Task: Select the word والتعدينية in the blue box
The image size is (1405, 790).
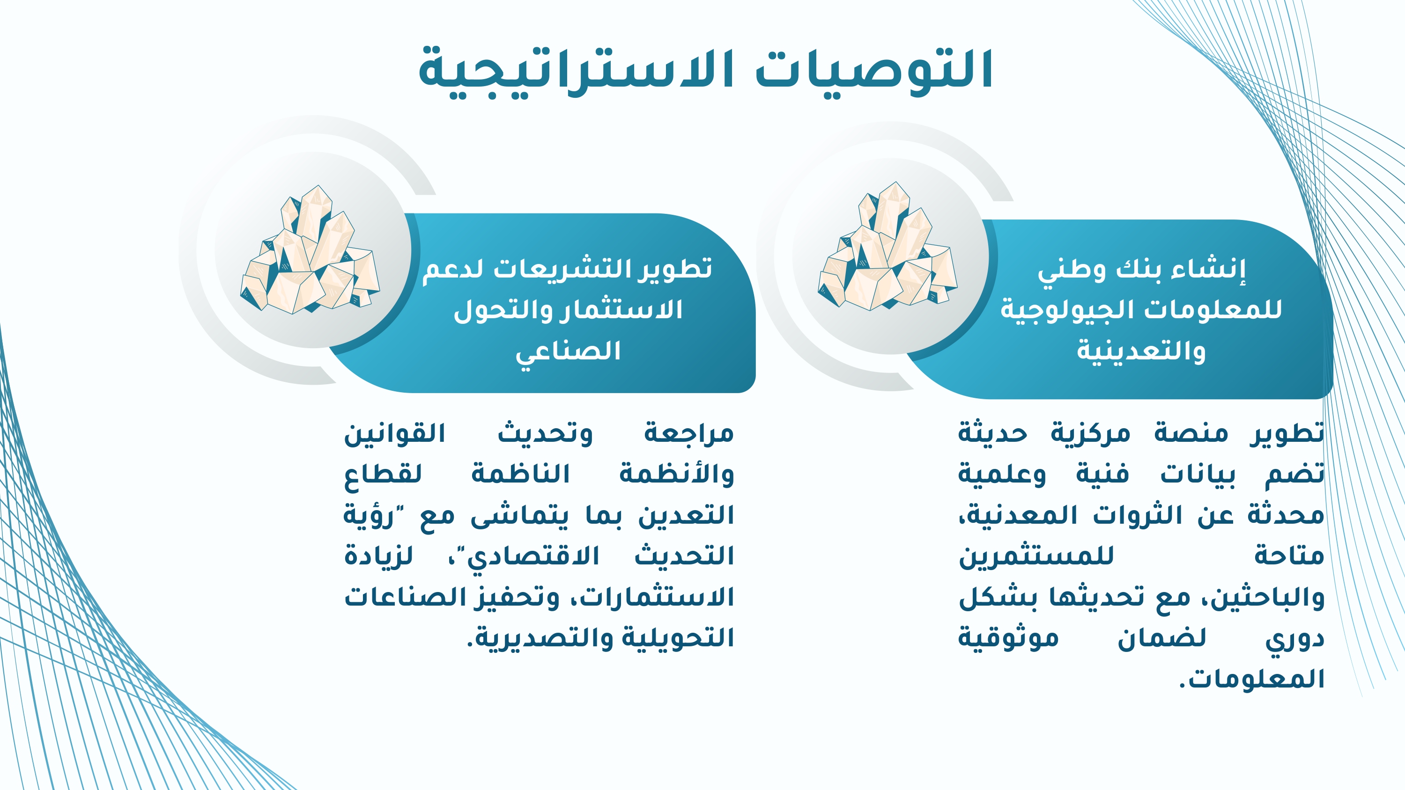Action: (1141, 351)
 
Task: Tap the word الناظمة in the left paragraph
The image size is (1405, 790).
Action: (520, 473)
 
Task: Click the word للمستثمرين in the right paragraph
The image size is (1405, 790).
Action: (1036, 556)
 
